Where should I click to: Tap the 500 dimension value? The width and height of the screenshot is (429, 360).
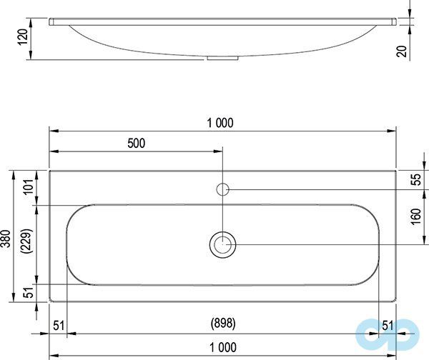(136, 143)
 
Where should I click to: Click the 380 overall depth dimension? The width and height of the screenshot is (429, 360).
(6, 238)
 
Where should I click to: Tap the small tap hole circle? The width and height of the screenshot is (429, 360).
(223, 189)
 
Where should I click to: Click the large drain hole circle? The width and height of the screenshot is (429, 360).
(223, 244)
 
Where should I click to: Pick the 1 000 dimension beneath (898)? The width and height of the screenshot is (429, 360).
(222, 348)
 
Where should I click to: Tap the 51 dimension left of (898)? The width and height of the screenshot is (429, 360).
(58, 325)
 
